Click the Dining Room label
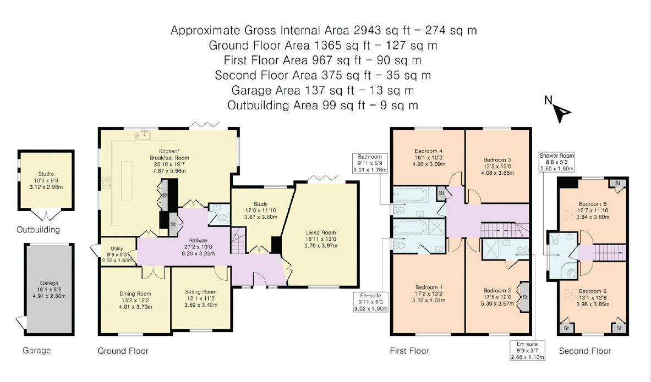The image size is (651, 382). [x=135, y=294]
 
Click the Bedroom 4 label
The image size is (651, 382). [x=427, y=151]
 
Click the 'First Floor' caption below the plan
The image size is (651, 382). [x=409, y=351]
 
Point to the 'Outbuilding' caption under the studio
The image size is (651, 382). [x=38, y=230]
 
